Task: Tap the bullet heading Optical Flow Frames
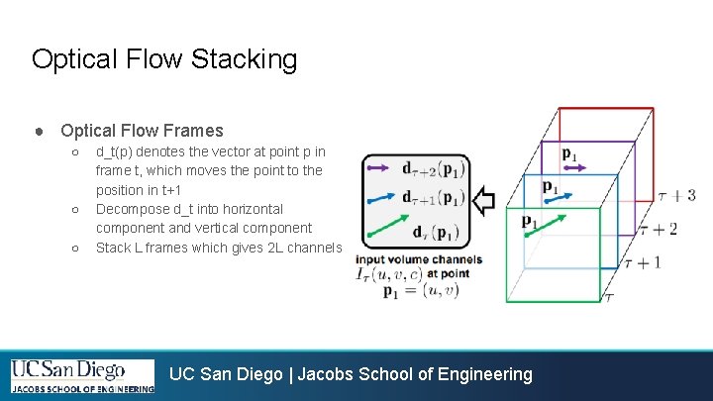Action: click(x=142, y=131)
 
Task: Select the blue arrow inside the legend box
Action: click(x=380, y=196)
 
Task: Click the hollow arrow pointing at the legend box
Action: click(x=483, y=202)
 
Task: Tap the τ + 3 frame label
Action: click(x=676, y=195)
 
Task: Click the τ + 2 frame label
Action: click(x=658, y=229)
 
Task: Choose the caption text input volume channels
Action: click(x=419, y=259)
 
